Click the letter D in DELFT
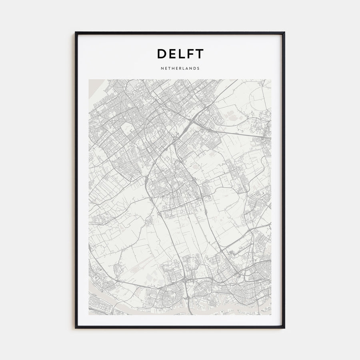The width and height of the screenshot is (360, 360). point(162,54)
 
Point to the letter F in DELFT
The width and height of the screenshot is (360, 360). point(190,54)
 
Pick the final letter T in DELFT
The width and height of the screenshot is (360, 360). point(199,54)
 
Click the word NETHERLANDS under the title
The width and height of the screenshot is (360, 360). point(180,68)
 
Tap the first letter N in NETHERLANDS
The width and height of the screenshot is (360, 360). point(162,68)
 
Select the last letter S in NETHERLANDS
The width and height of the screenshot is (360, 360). point(198,68)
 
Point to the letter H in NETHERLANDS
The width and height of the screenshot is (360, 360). point(173,68)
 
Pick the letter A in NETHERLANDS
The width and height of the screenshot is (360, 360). point(187,68)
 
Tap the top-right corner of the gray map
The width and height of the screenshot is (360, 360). point(271,80)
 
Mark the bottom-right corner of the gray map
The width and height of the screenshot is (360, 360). point(271,314)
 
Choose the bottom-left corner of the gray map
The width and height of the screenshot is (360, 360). point(89,314)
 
